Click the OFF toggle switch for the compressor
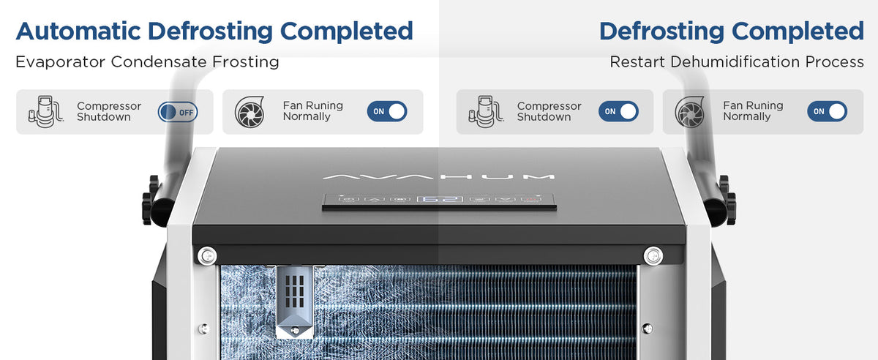178,112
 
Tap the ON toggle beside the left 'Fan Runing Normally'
387,111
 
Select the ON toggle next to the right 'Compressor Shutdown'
618,111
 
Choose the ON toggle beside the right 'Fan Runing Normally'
827,111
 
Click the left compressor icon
46,111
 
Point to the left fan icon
249,112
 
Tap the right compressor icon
486,111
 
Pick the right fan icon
690,112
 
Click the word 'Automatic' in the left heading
78,31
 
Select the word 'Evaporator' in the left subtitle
60,62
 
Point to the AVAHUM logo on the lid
438,177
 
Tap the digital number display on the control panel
440,200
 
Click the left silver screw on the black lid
207,256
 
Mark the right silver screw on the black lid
653,256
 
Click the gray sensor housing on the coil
295,301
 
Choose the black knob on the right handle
728,200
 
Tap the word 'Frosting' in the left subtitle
246,62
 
